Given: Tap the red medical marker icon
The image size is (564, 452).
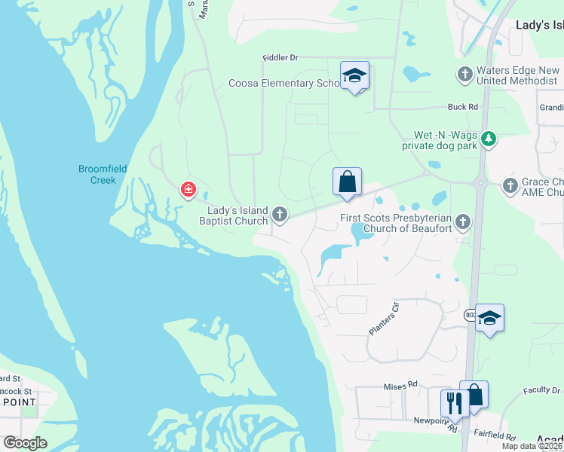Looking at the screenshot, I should [x=188, y=190].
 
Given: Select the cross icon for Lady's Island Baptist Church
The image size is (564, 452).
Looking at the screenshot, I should [x=280, y=215].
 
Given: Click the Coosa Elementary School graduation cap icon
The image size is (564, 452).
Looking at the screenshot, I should [x=354, y=75].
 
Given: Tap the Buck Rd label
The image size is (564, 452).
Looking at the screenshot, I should [x=463, y=107].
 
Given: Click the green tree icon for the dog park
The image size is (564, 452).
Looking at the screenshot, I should [x=489, y=139].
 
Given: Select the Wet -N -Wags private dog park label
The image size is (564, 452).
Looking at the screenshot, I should [x=440, y=139].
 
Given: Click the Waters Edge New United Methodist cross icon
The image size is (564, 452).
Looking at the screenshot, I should [x=465, y=74].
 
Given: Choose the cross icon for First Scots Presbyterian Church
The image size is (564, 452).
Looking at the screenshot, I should [x=463, y=221].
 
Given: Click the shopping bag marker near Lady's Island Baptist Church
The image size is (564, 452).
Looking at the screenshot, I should [x=347, y=182].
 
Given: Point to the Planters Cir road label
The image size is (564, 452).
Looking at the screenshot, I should [x=383, y=318].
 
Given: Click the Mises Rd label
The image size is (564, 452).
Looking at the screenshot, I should [x=400, y=385].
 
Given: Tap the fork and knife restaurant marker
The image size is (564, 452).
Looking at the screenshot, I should [x=454, y=402].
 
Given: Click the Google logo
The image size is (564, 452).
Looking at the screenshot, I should [x=25, y=443].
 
